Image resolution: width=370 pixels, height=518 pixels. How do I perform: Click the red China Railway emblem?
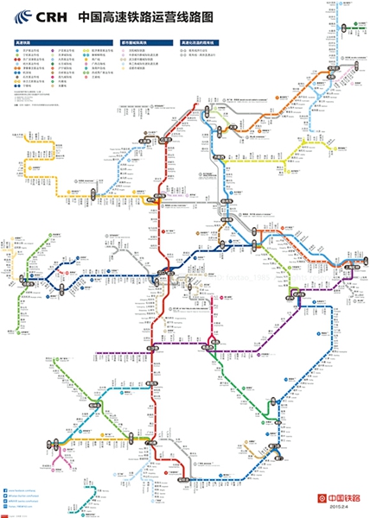click(x=323, y=498)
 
